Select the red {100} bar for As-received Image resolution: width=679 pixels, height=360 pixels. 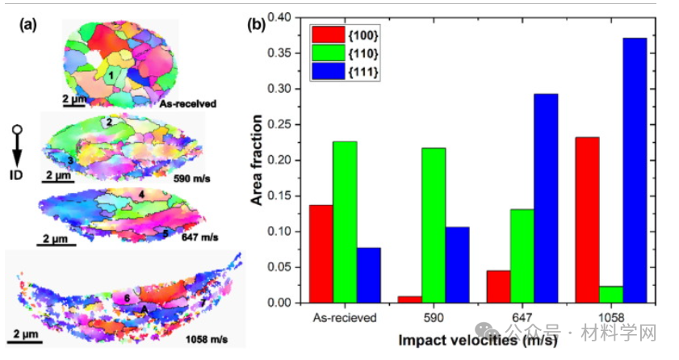(321, 253)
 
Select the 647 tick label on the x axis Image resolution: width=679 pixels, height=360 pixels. (522, 317)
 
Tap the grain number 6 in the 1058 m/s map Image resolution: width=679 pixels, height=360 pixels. (128, 297)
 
